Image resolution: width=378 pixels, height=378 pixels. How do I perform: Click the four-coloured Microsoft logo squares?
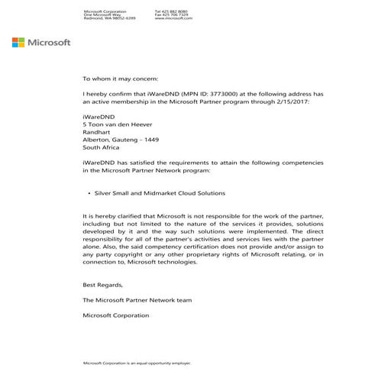(18, 42)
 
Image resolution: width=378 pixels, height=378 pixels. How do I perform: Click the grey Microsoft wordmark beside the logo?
(49, 42)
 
